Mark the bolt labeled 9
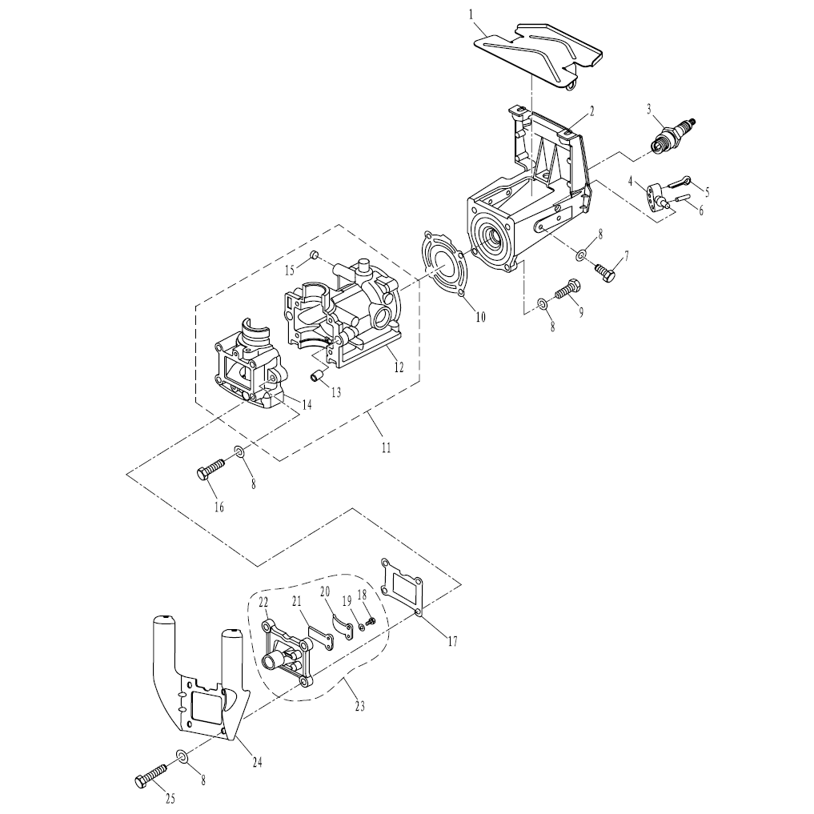(568, 289)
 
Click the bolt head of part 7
(608, 275)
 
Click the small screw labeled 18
(371, 620)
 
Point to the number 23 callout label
(359, 706)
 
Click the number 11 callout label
(386, 447)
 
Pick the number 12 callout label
(399, 367)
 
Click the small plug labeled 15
(314, 255)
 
